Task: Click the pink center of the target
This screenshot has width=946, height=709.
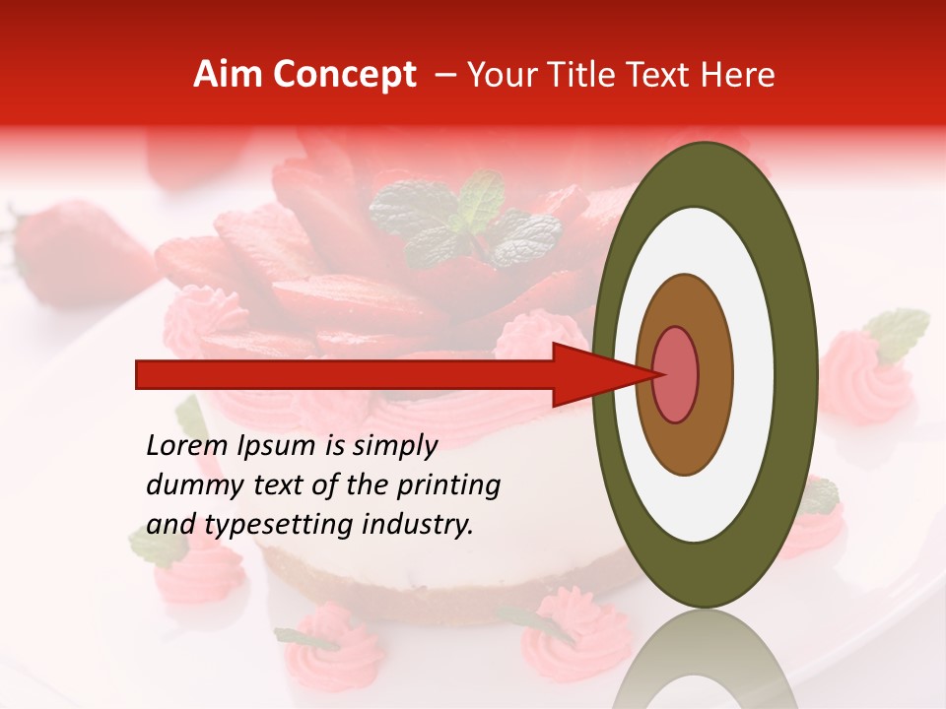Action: pyautogui.click(x=675, y=374)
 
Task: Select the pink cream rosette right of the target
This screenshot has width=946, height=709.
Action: pyautogui.click(x=862, y=374)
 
